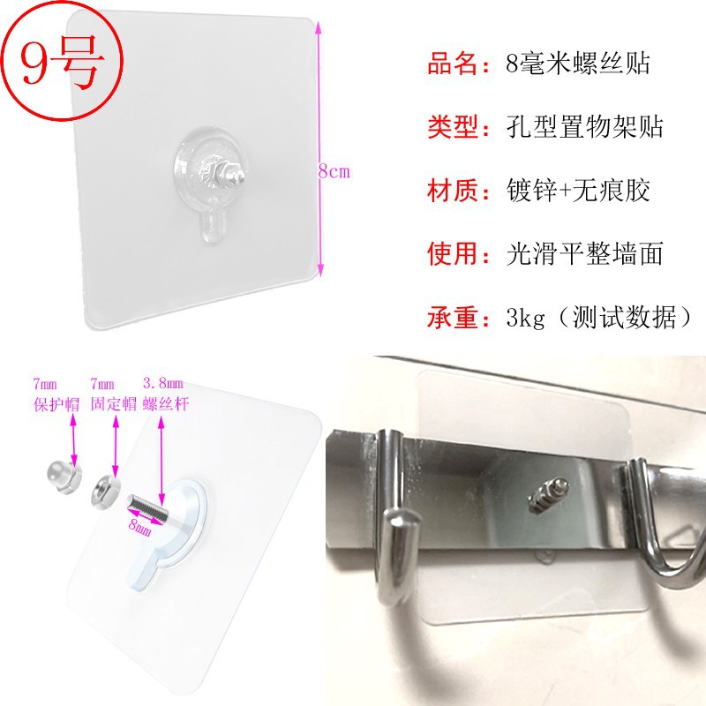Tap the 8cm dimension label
(x=334, y=172)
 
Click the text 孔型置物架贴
(x=586, y=128)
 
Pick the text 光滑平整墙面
(x=586, y=254)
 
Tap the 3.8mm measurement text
(x=163, y=383)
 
